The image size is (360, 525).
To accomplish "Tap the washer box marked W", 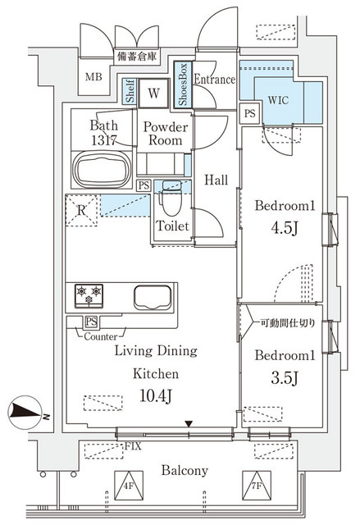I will point(153,93).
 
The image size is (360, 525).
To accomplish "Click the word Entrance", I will point(216,80).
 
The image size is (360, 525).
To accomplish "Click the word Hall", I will point(216,180).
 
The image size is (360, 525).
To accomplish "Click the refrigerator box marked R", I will point(81,210).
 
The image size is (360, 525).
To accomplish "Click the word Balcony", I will point(185,470).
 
